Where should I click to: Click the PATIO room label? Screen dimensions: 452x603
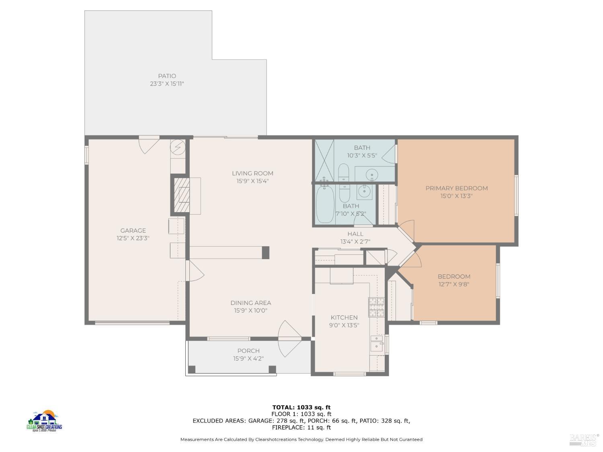point(167,76)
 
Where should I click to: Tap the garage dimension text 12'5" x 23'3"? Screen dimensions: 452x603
point(133,238)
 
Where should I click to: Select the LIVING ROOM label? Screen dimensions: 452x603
point(252,174)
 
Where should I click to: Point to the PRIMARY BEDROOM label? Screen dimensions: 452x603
point(457,188)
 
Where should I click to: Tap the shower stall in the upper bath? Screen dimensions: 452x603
point(324,160)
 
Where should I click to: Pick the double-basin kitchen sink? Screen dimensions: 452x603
point(377,343)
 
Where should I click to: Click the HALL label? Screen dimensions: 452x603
point(355,234)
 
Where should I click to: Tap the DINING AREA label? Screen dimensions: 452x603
point(250,303)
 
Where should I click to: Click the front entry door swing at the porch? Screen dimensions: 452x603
point(289,338)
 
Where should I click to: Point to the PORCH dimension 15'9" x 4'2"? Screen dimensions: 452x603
point(248,359)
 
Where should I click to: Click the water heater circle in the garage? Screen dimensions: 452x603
point(177,147)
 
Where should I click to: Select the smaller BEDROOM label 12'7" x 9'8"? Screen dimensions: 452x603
point(454,276)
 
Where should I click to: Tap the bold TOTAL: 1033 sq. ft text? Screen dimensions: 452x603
point(301,407)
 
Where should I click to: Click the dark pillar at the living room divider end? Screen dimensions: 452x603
point(265,252)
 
